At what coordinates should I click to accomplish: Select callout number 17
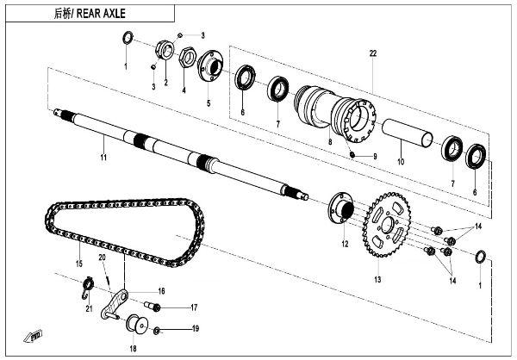[195, 307]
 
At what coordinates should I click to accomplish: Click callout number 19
[195, 329]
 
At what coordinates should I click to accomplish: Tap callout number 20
[102, 258]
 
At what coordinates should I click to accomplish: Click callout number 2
[165, 59]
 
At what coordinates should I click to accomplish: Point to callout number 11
[103, 159]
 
